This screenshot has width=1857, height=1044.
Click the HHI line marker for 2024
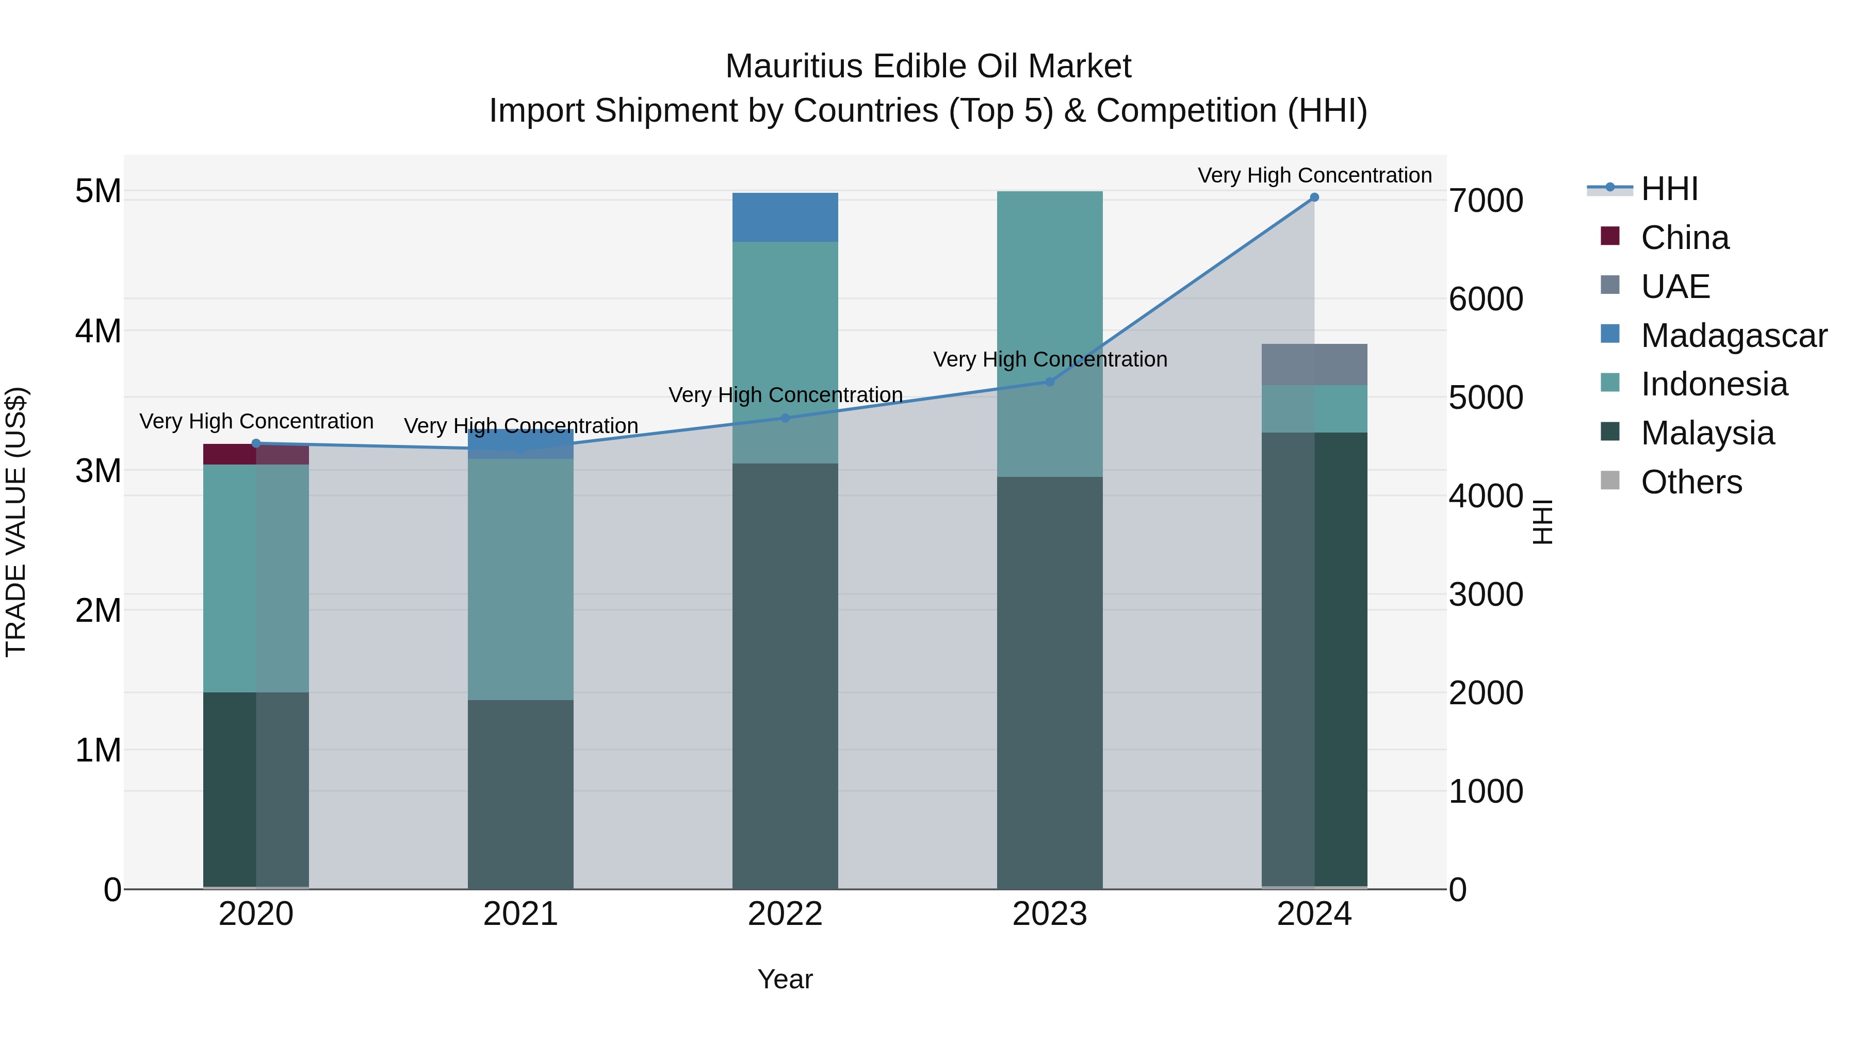point(1314,197)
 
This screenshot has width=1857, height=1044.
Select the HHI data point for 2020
point(256,444)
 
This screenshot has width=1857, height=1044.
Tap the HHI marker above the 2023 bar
point(1050,382)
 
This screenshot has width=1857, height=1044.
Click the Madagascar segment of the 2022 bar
point(785,218)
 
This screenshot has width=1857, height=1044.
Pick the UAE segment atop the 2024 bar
point(1314,364)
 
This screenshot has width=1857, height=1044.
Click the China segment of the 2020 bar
point(256,454)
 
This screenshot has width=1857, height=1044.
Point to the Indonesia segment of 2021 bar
point(520,579)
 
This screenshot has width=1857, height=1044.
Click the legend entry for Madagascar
point(1733,336)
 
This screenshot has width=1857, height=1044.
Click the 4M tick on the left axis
point(98,332)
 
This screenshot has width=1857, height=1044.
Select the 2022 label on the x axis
point(785,914)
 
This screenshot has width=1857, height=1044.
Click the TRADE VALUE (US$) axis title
point(16,522)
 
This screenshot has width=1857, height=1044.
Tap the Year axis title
point(785,979)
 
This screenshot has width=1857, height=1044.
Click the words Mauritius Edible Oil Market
point(928,67)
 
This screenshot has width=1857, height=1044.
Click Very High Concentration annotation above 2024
point(1314,175)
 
